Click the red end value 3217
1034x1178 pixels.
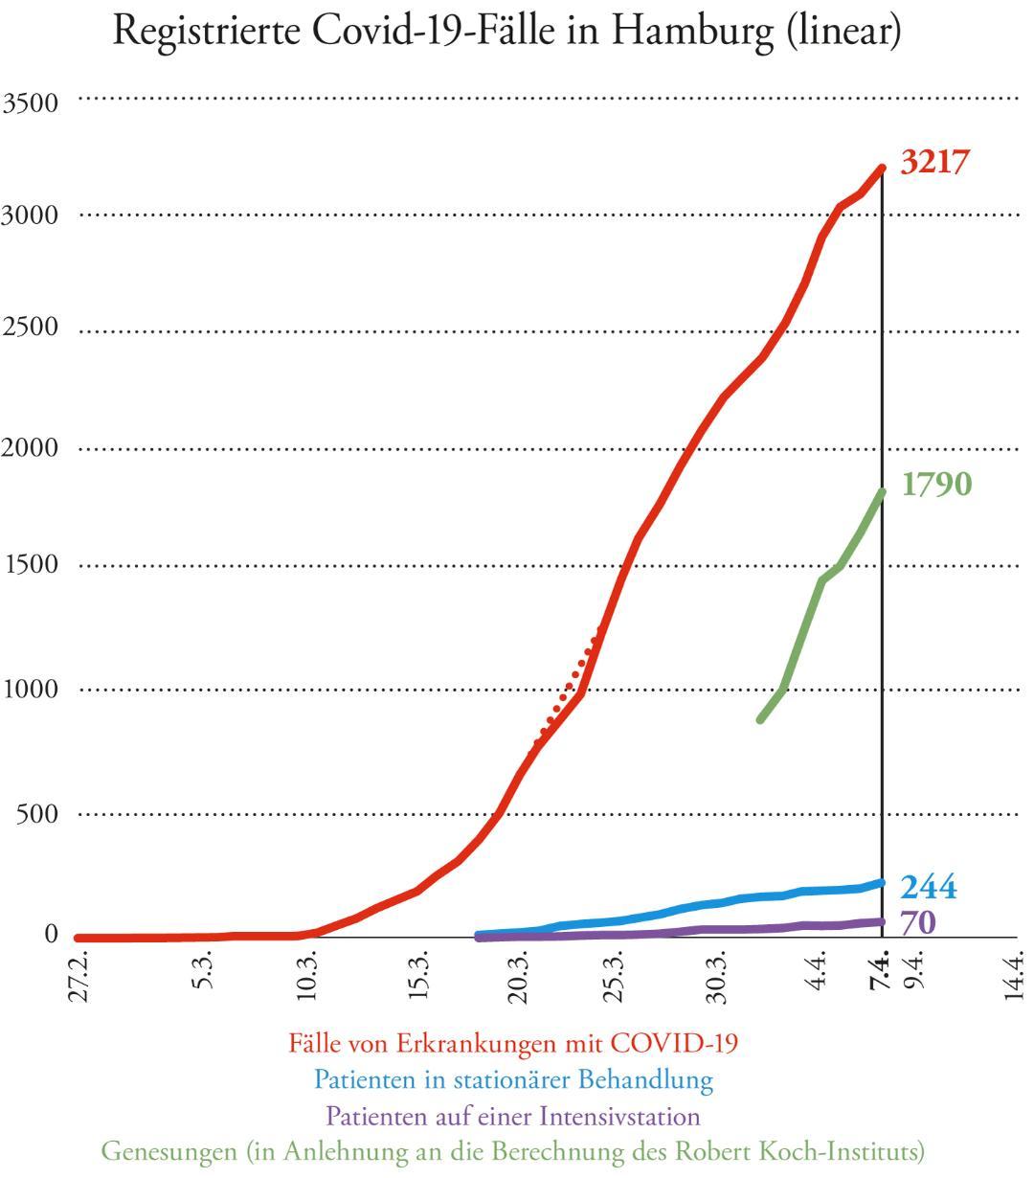pyautogui.click(x=934, y=162)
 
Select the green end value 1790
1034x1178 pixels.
pyautogui.click(x=936, y=485)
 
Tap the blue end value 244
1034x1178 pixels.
pyautogui.click(x=928, y=888)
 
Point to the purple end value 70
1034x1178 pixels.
pyautogui.click(x=916, y=922)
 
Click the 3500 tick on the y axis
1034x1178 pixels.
pyautogui.click(x=30, y=102)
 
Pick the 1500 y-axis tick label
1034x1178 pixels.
pyautogui.click(x=30, y=565)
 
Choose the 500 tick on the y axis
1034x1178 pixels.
pyautogui.click(x=36, y=814)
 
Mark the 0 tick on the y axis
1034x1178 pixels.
pyautogui.click(x=50, y=934)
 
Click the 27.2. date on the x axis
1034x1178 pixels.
pyautogui.click(x=83, y=977)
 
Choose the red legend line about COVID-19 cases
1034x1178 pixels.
pyautogui.click(x=513, y=1042)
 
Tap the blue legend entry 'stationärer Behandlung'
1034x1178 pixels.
pyautogui.click(x=513, y=1079)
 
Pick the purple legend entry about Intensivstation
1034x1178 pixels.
pyautogui.click(x=513, y=1116)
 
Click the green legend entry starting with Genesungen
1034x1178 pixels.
pyautogui.click(x=513, y=1150)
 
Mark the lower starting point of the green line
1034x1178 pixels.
pyautogui.click(x=760, y=719)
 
